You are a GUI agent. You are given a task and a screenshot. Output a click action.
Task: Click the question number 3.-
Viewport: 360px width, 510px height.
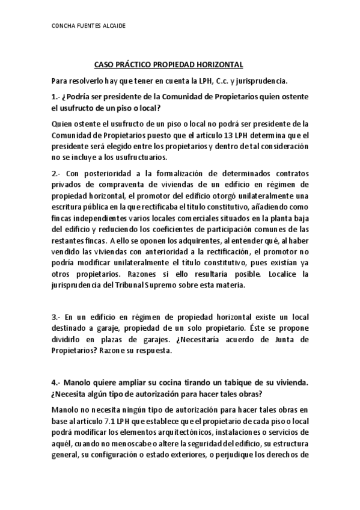58,316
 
